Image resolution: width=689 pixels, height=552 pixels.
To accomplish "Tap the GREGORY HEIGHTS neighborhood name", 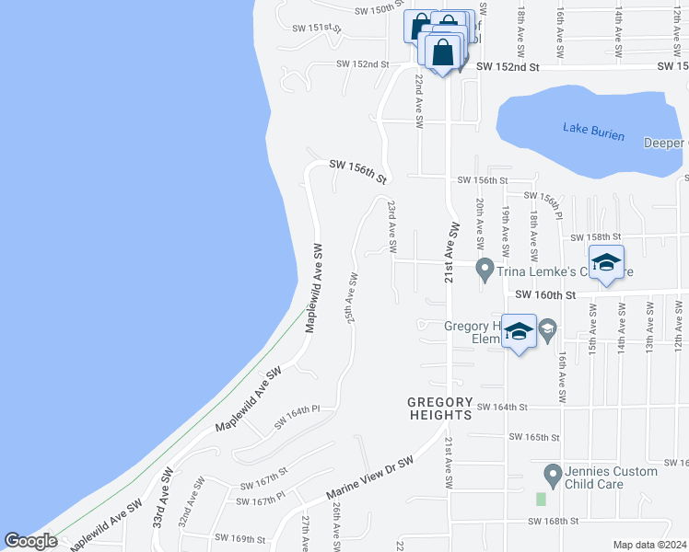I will (x=440, y=409).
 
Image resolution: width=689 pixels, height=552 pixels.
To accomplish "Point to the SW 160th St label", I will (x=544, y=295).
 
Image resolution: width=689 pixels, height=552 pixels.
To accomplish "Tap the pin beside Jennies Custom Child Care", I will (x=552, y=476).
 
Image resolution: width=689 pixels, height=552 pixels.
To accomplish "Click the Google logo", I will (x=31, y=541).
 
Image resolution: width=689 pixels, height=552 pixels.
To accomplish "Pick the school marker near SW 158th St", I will (x=606, y=263).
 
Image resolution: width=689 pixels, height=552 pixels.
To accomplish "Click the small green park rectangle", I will (x=541, y=499).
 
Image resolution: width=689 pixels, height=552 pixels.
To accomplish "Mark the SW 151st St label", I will (x=318, y=29).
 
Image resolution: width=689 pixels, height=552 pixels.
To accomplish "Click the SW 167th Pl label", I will (x=260, y=500).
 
